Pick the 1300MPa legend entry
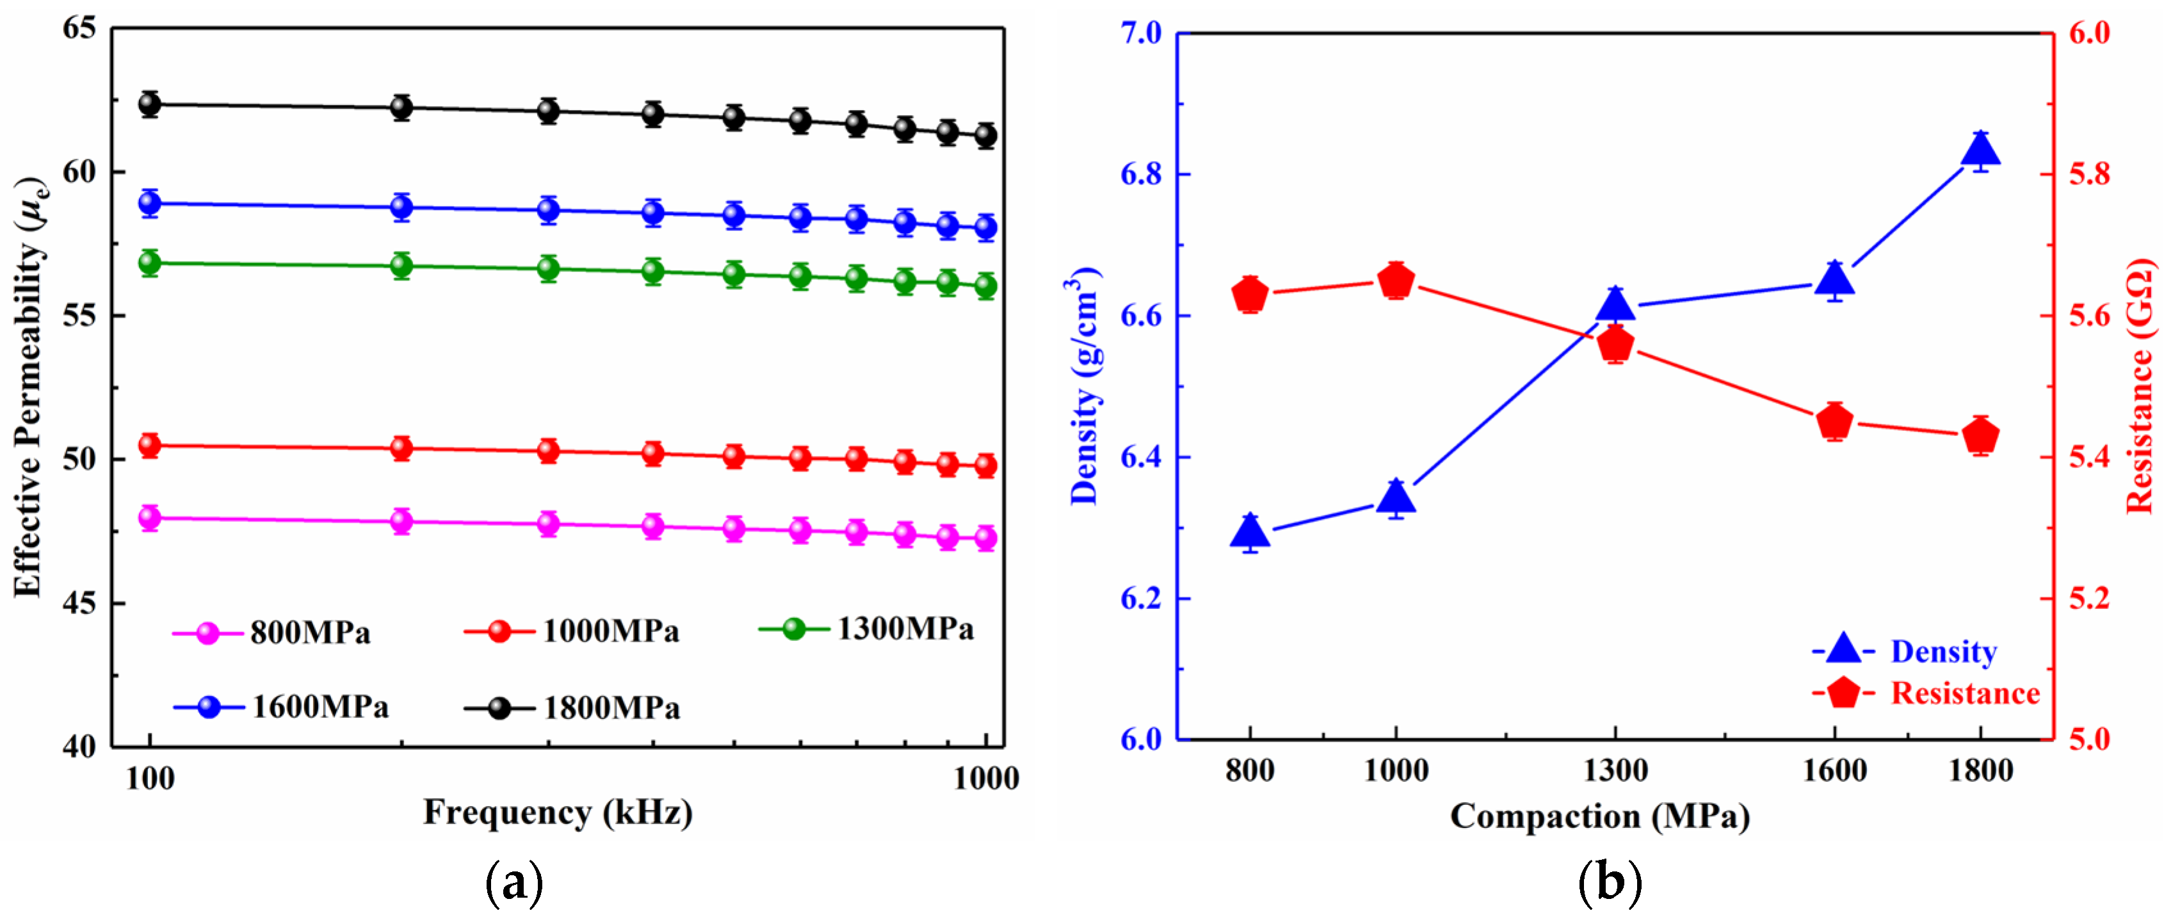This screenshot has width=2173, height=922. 867,629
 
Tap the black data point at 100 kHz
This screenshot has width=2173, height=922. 150,104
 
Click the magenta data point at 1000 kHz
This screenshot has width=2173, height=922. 985,538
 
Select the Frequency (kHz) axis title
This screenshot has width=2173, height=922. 558,813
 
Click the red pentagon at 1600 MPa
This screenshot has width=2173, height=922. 1835,421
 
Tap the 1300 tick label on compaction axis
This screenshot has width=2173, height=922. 1615,770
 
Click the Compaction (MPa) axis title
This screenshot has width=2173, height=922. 1600,816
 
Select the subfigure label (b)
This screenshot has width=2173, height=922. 1610,883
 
